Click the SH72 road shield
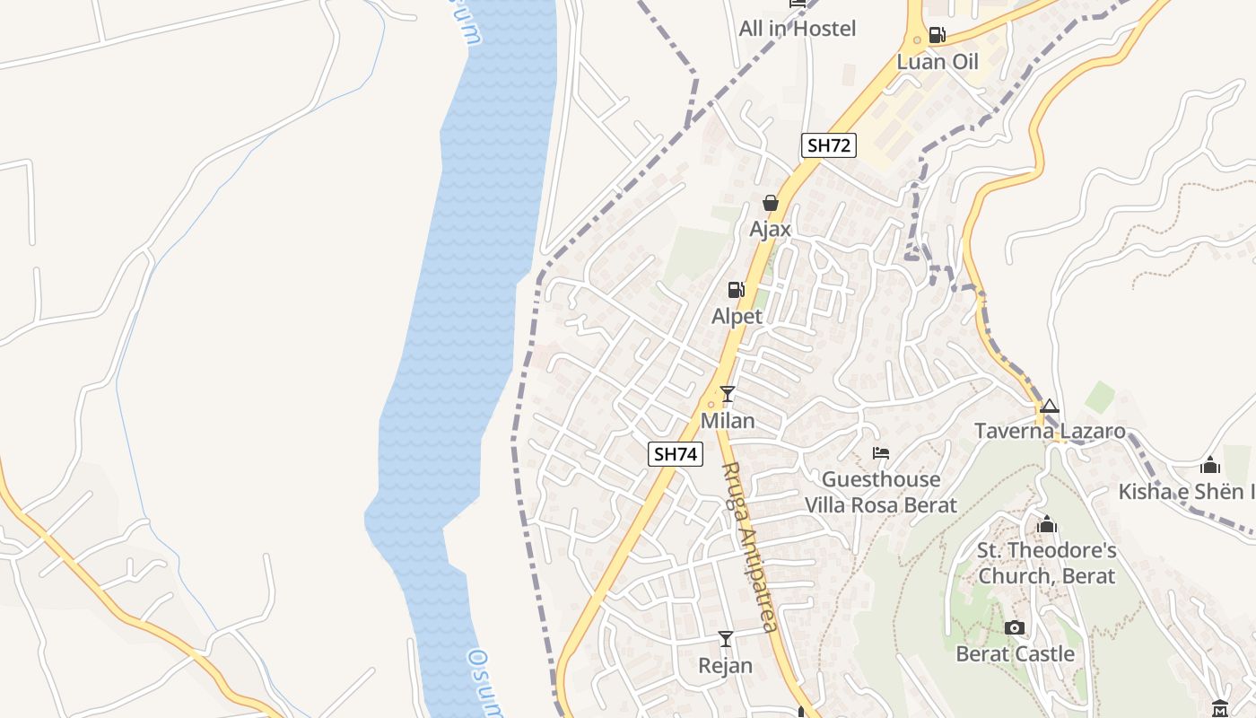click(828, 145)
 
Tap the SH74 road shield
click(675, 454)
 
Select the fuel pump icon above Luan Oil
click(938, 35)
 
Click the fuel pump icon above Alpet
click(737, 289)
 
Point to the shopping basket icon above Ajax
click(770, 203)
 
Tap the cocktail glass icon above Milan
click(728, 394)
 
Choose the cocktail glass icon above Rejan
click(726, 639)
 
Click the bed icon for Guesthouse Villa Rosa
click(881, 453)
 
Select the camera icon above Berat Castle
click(1015, 627)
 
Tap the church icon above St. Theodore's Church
click(1047, 524)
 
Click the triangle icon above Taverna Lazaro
click(1050, 407)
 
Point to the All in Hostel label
click(798, 29)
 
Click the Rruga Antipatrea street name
click(748, 547)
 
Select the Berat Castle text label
click(1015, 654)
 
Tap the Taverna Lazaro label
click(1050, 432)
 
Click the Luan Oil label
click(938, 62)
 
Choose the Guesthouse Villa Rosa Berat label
click(881, 492)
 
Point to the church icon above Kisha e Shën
click(1210, 465)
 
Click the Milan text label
click(728, 421)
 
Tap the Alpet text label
click(737, 316)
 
